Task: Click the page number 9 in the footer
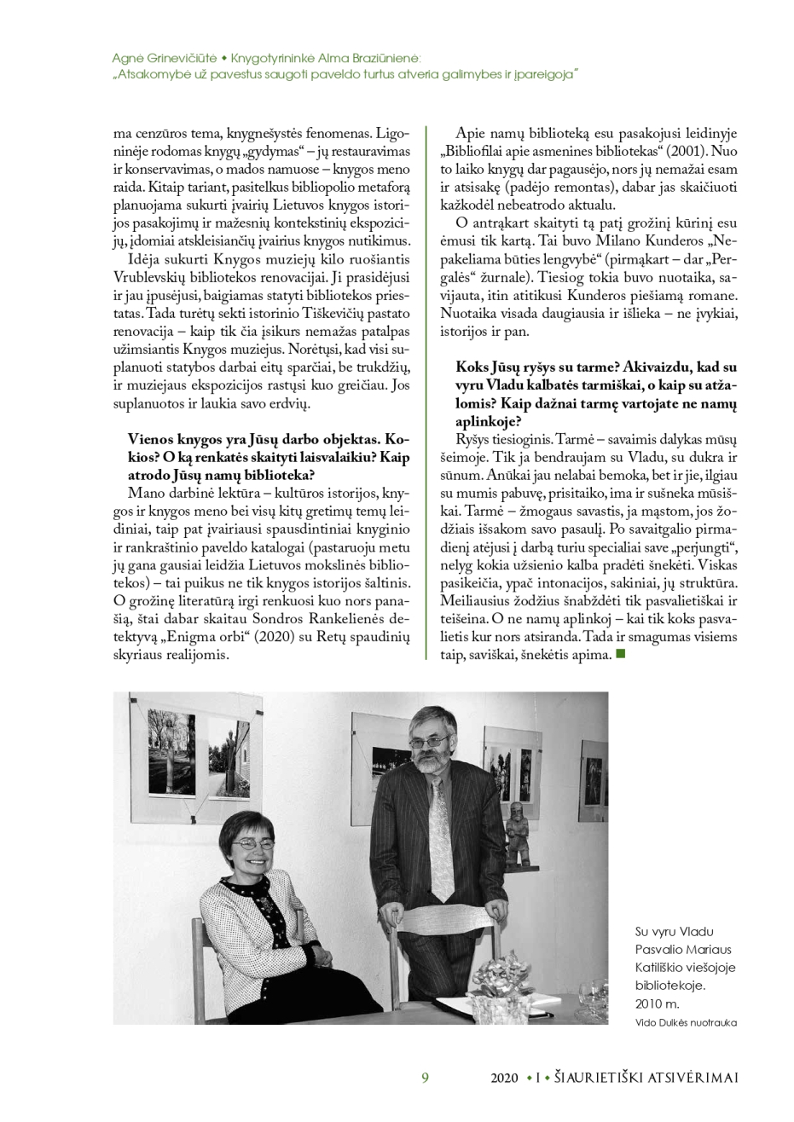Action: tap(425, 1078)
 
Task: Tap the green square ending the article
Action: tap(620, 654)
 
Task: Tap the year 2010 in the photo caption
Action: tap(649, 1003)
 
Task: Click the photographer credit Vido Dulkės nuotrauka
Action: tap(686, 1021)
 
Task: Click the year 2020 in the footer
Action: tap(504, 1078)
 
